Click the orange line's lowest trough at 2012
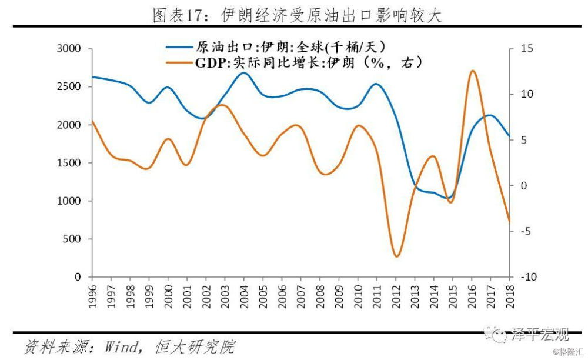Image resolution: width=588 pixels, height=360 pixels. (396, 256)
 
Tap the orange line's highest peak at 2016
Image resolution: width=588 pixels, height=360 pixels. (472, 71)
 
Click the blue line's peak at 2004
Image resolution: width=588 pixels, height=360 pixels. (244, 73)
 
